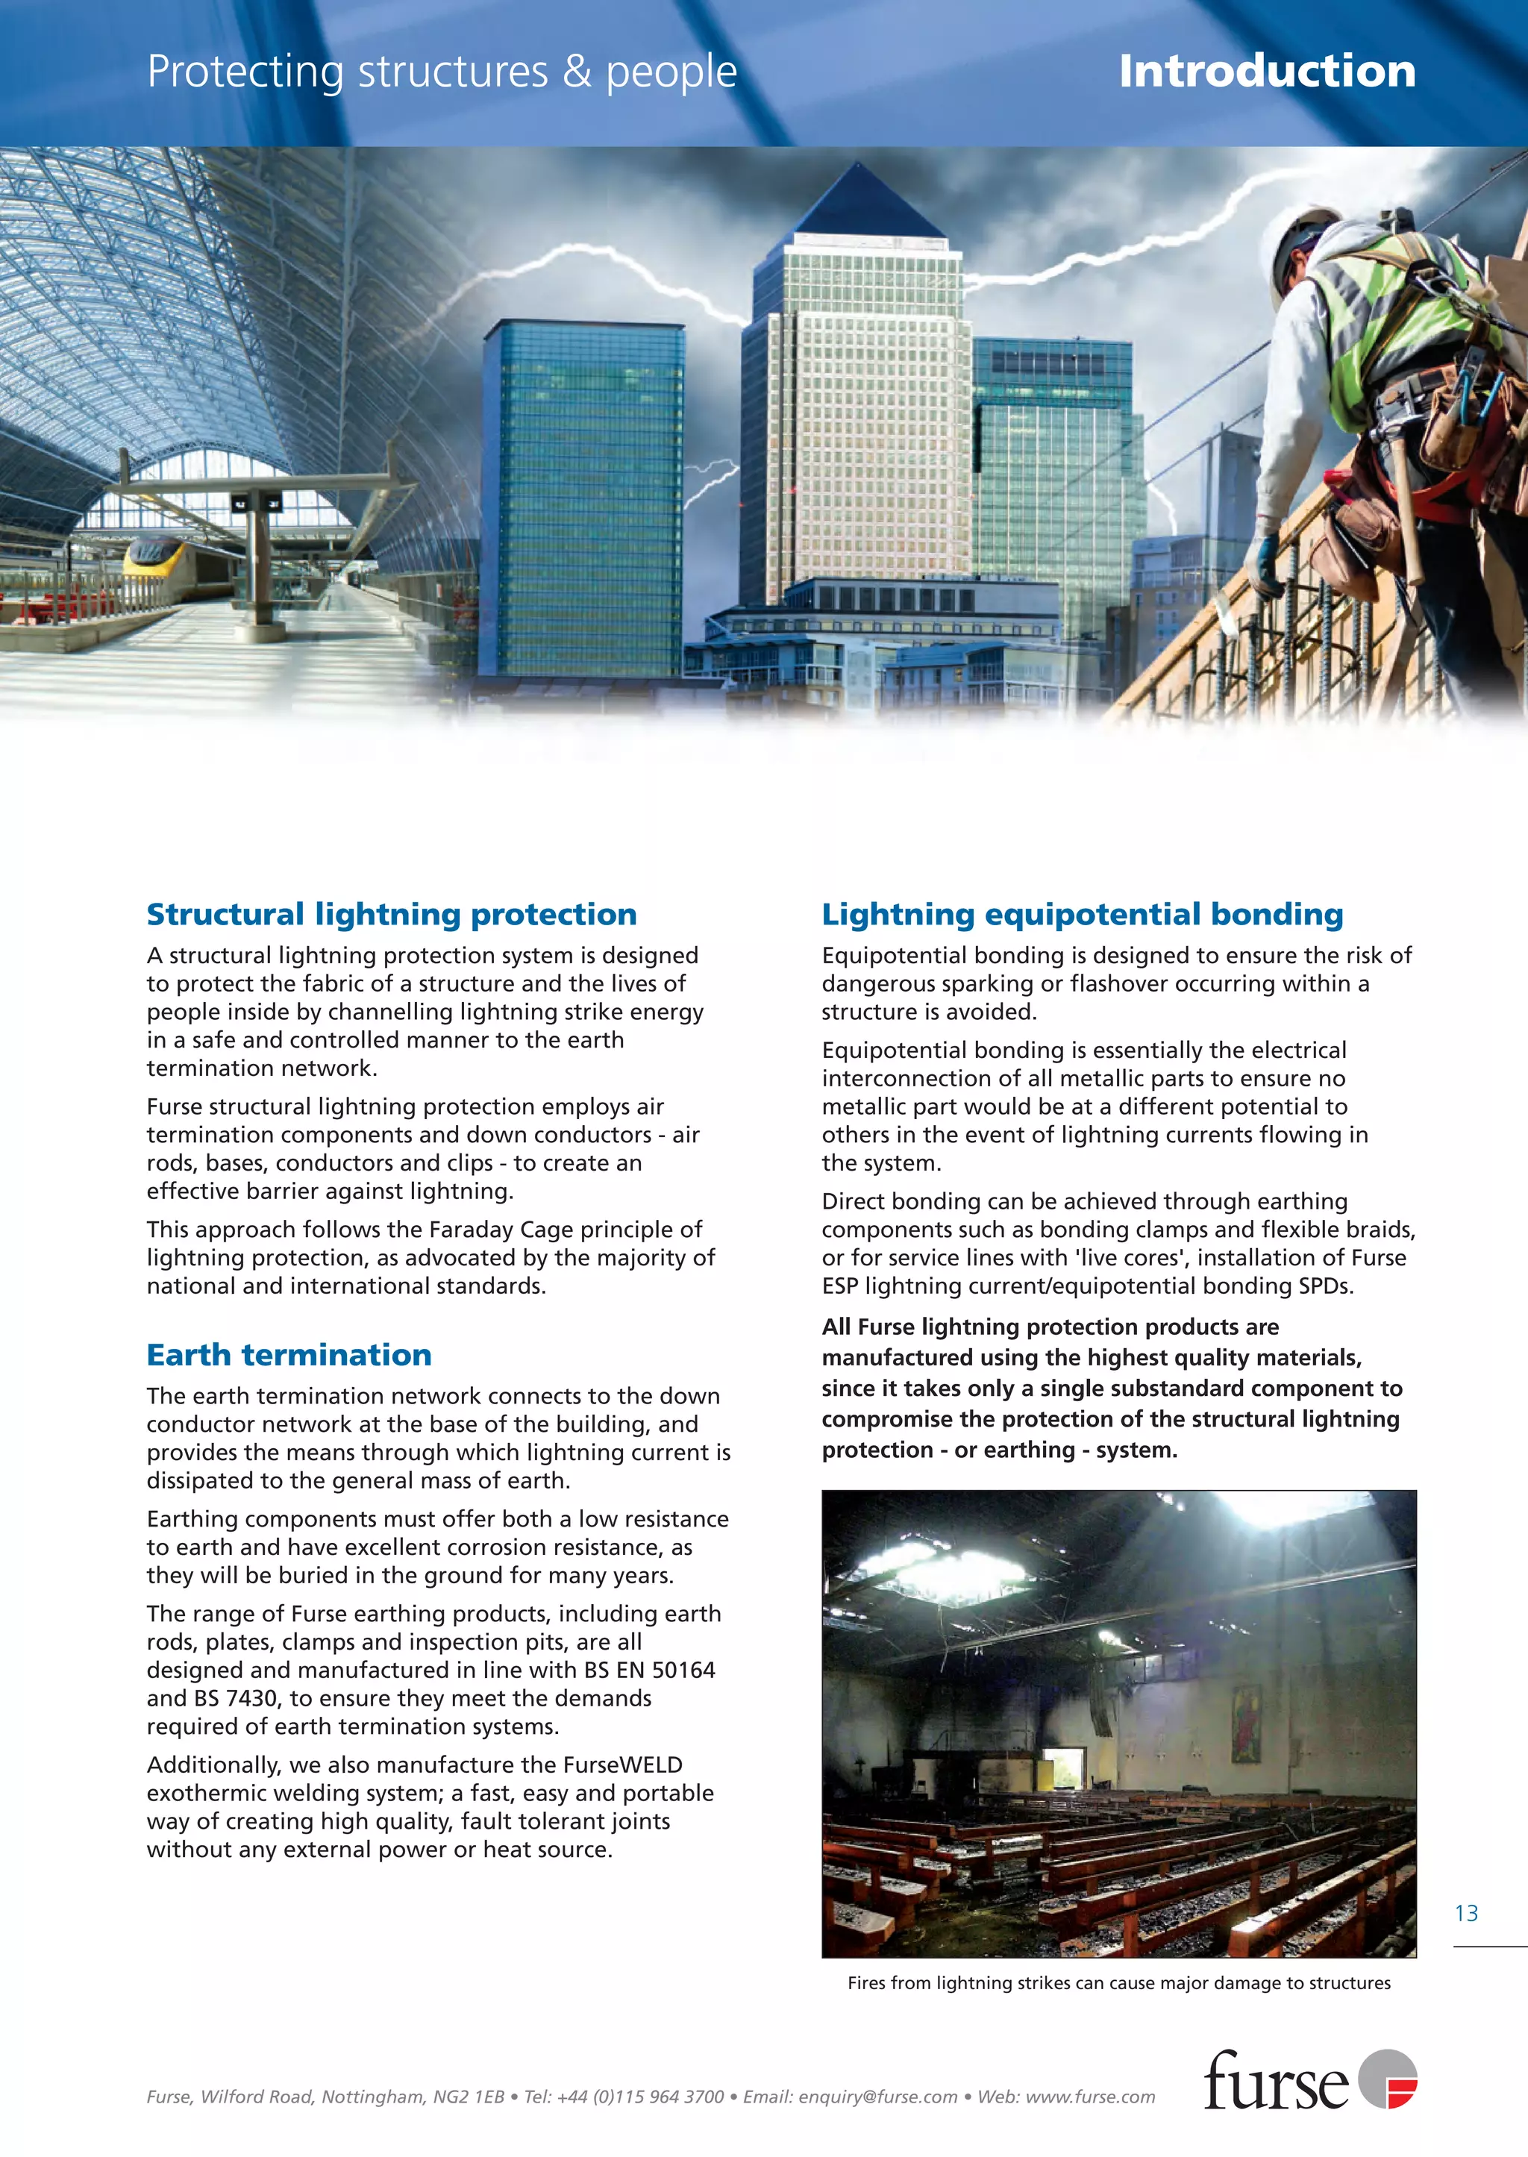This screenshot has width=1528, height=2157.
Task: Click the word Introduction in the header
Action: point(1266,72)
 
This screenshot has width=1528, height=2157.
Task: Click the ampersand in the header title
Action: point(576,72)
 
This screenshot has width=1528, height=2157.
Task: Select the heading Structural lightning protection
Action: point(392,914)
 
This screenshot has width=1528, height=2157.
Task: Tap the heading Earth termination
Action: point(289,1355)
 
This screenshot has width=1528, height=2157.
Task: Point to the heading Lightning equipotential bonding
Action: point(1082,914)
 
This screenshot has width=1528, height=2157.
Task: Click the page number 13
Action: point(1466,1913)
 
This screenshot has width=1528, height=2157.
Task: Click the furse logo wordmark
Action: point(1275,2082)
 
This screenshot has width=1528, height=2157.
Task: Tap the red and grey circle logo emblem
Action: point(1387,2079)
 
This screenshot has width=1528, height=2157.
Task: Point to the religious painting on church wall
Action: point(1247,1724)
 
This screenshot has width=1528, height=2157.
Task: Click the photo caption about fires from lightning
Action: point(1118,1983)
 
